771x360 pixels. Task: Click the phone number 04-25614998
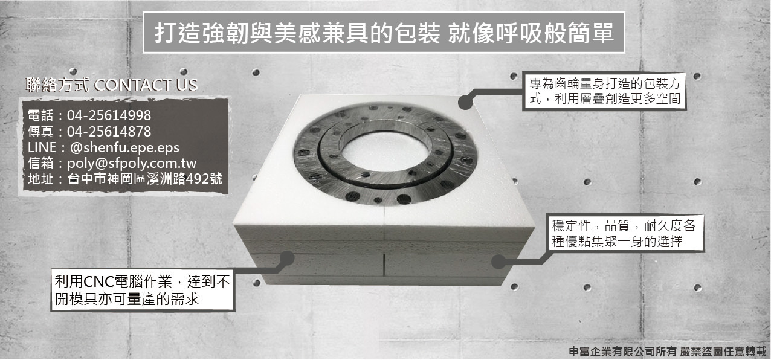point(109,115)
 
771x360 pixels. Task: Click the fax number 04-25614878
point(109,132)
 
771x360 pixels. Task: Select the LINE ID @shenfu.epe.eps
point(124,147)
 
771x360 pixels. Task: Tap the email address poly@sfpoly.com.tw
point(132,163)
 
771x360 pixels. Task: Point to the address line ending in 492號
point(125,179)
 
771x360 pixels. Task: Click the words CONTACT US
point(146,85)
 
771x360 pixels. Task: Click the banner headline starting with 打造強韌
point(384,33)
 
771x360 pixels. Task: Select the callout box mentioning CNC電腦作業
point(143,290)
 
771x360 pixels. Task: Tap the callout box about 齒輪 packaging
point(604,91)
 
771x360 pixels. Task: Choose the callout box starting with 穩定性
point(626,234)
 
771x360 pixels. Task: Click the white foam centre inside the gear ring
point(386,151)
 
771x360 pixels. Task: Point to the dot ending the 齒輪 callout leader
point(465,102)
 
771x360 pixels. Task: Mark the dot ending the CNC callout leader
point(287,258)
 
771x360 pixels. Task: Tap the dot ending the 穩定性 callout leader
point(498,262)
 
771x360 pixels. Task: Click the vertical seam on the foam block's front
point(384,265)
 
